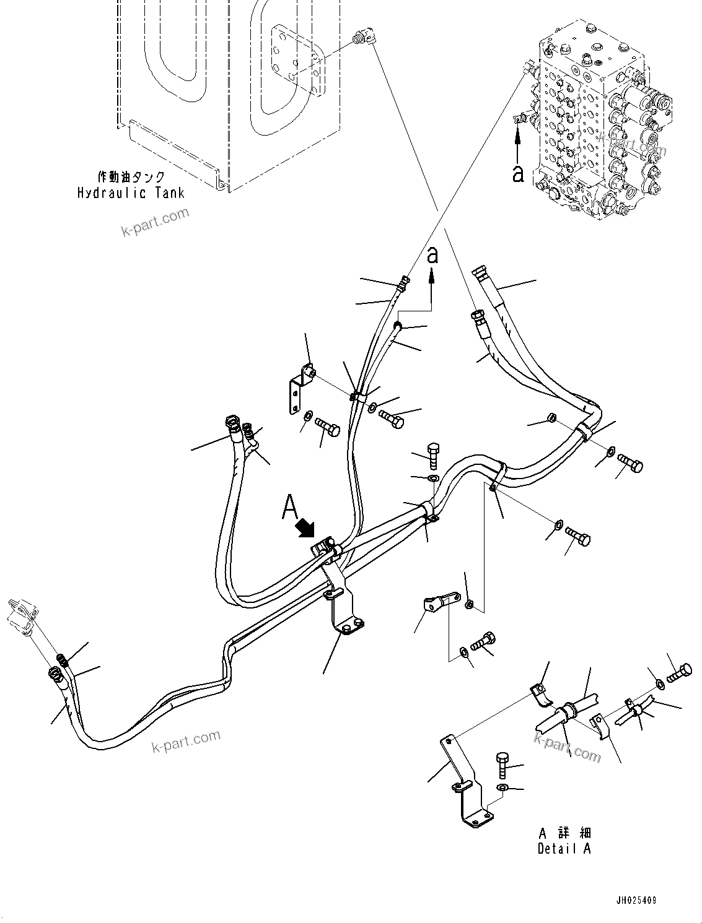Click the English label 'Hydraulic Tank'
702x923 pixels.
(x=131, y=193)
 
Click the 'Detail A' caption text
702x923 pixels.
(x=564, y=848)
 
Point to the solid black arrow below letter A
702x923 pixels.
(x=306, y=529)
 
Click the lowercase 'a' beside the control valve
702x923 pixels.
(x=518, y=173)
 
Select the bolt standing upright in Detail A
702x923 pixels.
(x=502, y=766)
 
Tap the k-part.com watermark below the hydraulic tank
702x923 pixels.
(x=155, y=222)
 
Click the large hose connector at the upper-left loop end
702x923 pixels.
(x=232, y=425)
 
